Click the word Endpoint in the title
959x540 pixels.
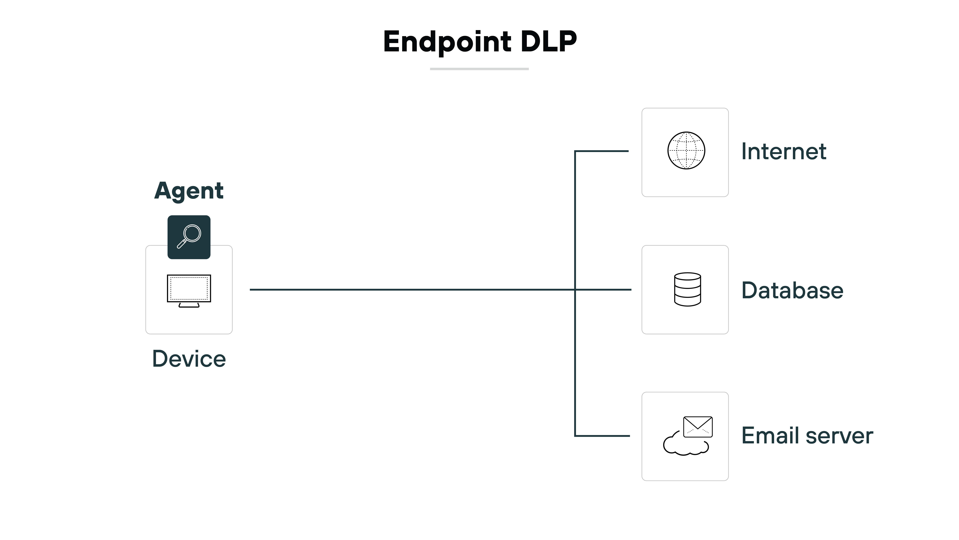pos(447,42)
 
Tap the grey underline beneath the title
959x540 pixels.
pos(479,69)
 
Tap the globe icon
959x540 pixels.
pos(686,151)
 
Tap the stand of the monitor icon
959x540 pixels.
pos(189,305)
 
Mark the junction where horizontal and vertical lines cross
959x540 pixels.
pos(575,290)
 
